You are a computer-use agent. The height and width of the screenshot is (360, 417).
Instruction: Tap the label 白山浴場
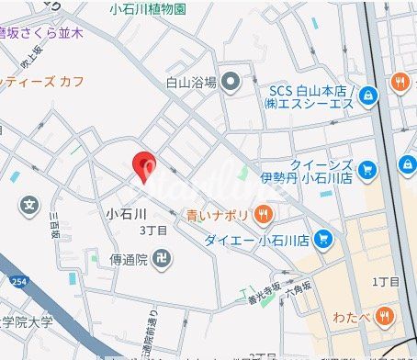[x=191, y=82]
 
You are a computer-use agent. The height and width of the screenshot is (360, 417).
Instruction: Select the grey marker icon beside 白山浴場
[x=230, y=82]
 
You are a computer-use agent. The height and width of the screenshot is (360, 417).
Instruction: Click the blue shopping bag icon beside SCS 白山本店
[x=367, y=96]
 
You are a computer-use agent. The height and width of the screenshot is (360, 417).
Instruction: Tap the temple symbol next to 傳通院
[x=162, y=258]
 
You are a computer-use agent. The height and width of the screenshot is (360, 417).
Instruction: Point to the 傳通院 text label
[x=129, y=258]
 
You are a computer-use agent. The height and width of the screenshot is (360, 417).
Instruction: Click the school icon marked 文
[x=31, y=203]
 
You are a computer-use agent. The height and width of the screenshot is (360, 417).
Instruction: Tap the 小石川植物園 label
[x=147, y=9]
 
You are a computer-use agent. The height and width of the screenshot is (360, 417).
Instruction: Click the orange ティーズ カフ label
[x=42, y=82]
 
